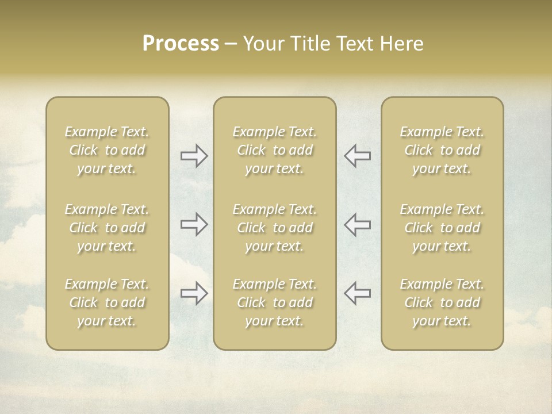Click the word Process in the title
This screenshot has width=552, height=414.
[x=181, y=44]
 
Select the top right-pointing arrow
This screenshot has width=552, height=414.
[x=194, y=156]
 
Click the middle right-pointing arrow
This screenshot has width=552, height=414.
[x=194, y=224]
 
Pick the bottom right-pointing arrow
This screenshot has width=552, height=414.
[x=194, y=293]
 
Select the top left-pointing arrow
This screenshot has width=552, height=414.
[x=357, y=156]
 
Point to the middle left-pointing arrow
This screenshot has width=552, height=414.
[x=357, y=224]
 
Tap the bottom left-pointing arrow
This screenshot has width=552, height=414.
[x=357, y=293]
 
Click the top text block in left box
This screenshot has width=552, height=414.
[x=107, y=150]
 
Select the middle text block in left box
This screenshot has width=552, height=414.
[x=107, y=228]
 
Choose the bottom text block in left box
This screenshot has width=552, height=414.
[x=107, y=302]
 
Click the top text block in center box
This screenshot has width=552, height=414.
[x=275, y=150]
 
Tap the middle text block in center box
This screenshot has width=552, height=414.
[x=275, y=228]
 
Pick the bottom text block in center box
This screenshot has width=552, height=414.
[x=275, y=302]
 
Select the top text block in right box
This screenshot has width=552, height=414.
[x=442, y=150]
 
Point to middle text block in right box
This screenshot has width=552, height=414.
[x=442, y=228]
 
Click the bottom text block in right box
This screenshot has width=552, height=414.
[x=442, y=302]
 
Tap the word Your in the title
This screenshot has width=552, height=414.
[x=262, y=44]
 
